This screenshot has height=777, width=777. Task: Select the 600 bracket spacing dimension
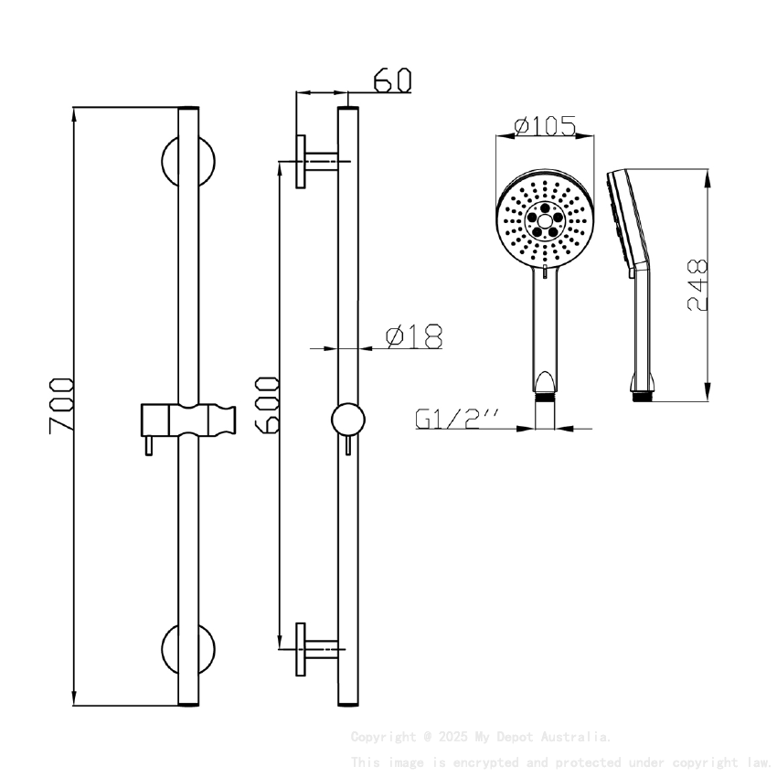pyautogui.click(x=267, y=403)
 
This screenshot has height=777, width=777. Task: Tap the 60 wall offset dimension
pyautogui.click(x=392, y=80)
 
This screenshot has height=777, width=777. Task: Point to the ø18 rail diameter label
pyautogui.click(x=414, y=337)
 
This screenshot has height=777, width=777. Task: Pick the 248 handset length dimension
pyautogui.click(x=697, y=285)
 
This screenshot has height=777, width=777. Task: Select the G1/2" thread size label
pyautogui.click(x=458, y=419)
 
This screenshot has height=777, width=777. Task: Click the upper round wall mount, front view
pyautogui.click(x=188, y=161)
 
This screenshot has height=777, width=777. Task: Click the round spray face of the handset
pyautogui.click(x=545, y=221)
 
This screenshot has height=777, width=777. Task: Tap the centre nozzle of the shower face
pyautogui.click(x=545, y=220)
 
